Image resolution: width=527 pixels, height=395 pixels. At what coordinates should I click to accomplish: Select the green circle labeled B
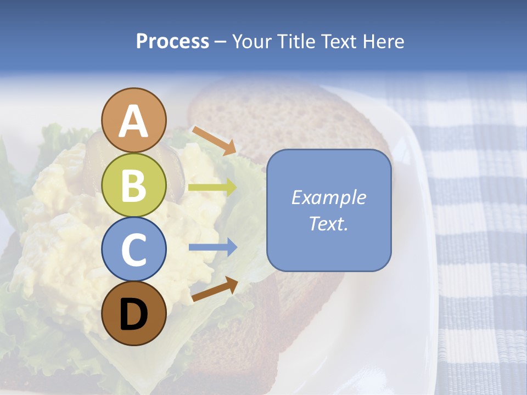click(x=133, y=185)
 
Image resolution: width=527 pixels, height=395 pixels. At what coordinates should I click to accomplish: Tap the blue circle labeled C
click(x=133, y=249)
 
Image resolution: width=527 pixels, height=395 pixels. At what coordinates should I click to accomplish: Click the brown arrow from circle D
click(x=215, y=289)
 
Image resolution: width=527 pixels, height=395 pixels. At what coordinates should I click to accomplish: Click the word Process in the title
click(x=172, y=42)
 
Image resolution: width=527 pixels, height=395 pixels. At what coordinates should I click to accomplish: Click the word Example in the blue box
click(x=329, y=198)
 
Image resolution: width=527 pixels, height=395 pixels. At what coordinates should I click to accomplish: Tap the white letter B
click(x=133, y=185)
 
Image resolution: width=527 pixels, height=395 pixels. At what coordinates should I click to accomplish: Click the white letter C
click(x=133, y=250)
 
